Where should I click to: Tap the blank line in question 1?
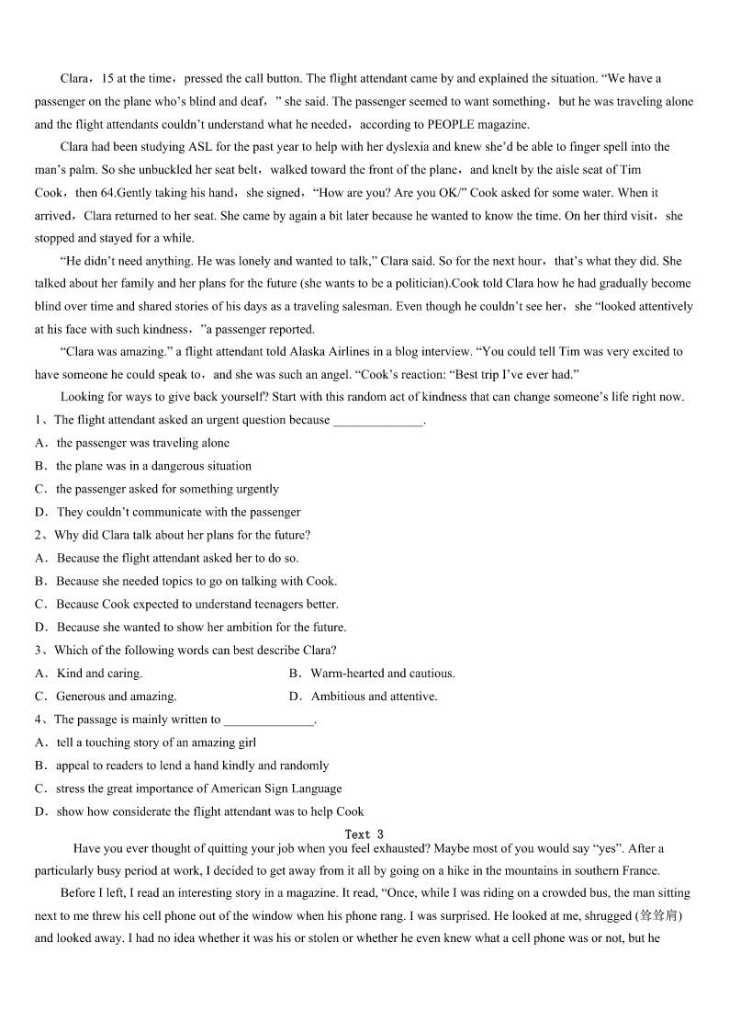click(378, 421)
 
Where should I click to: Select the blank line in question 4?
click(269, 720)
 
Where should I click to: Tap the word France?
click(640, 871)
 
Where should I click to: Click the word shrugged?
click(609, 916)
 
